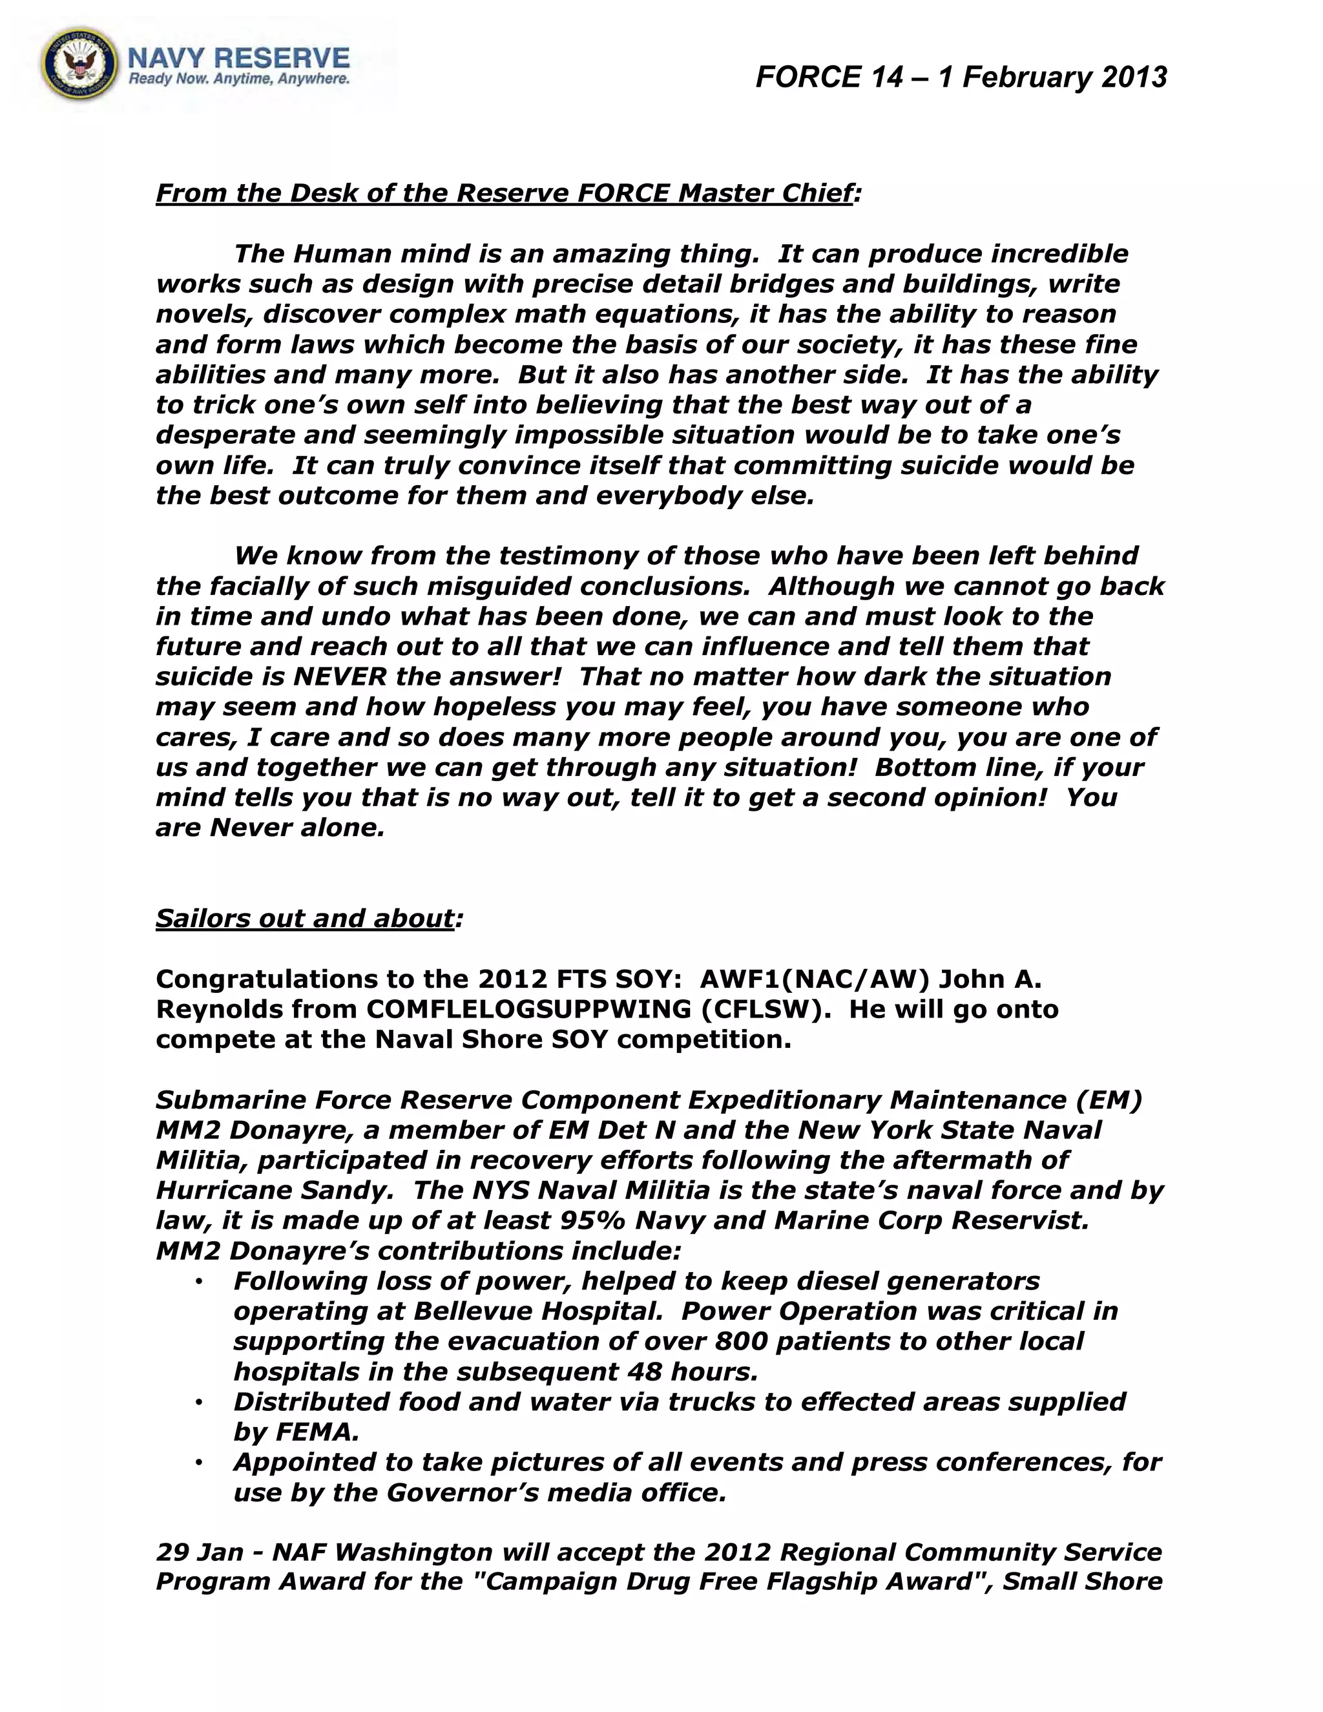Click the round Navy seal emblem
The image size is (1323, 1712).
pyautogui.click(x=79, y=66)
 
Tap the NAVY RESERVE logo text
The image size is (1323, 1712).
pyautogui.click(x=238, y=57)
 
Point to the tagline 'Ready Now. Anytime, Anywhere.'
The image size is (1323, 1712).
pyautogui.click(x=238, y=79)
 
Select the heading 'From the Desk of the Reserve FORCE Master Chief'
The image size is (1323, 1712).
pyautogui.click(x=503, y=193)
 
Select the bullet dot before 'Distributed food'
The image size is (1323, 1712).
pyautogui.click(x=200, y=1402)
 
